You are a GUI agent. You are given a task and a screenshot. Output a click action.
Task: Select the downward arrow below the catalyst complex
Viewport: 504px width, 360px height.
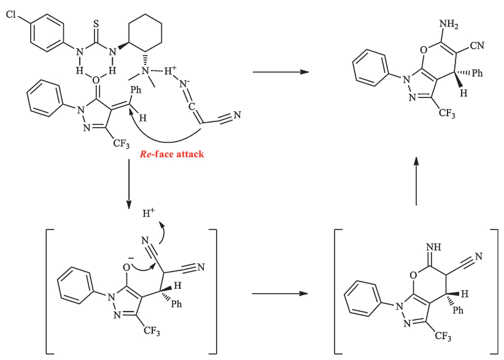point(129,183)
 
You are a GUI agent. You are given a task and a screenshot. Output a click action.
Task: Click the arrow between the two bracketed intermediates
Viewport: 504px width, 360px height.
point(279,293)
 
